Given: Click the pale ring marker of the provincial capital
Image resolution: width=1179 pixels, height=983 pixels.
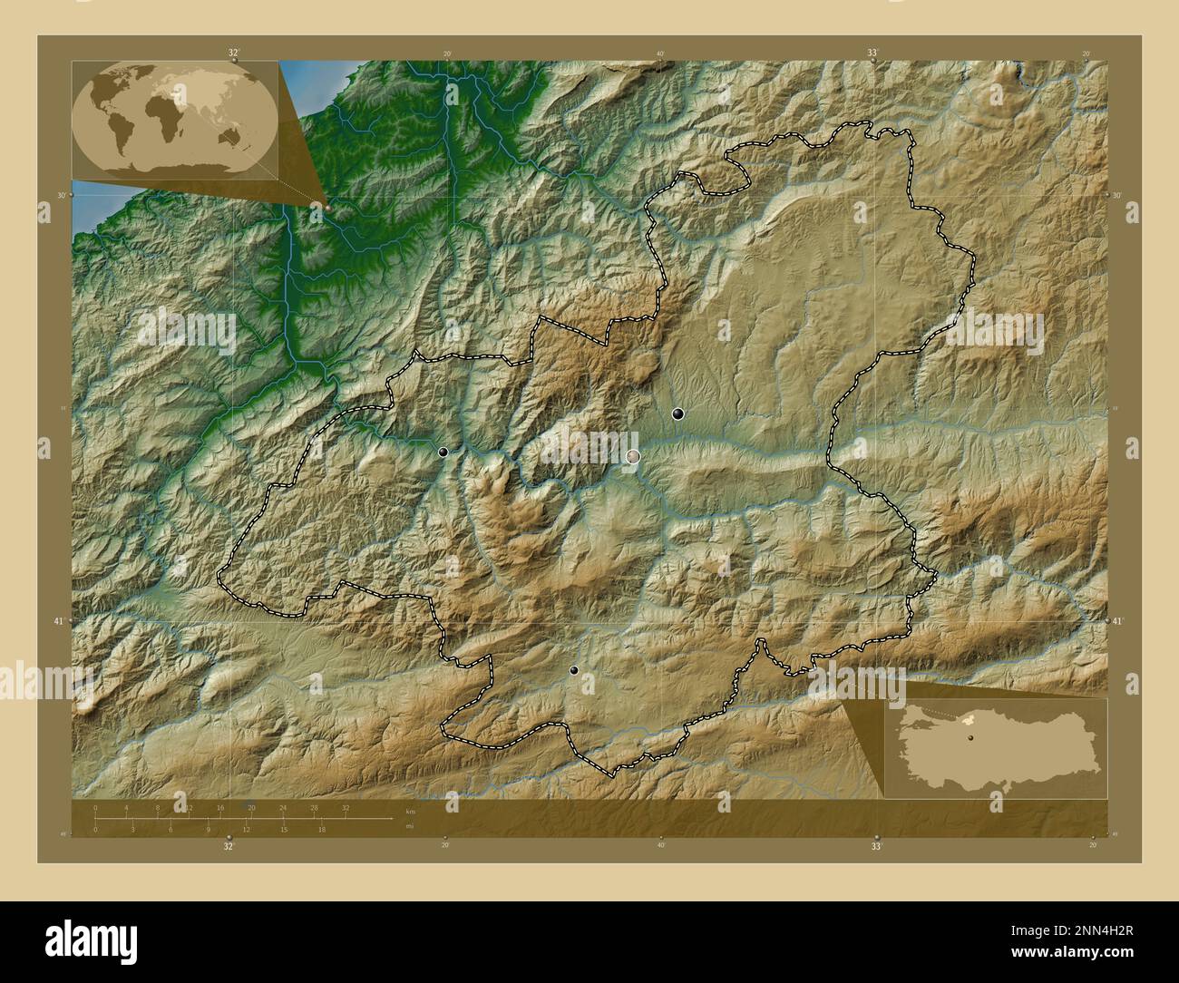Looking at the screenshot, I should tap(633, 457).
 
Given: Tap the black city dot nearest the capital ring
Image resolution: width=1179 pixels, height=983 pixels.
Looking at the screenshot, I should tap(677, 414).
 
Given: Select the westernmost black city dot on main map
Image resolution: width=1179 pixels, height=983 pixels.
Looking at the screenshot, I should tap(443, 452).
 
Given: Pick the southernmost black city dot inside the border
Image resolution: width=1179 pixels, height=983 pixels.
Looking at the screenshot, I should tap(574, 671).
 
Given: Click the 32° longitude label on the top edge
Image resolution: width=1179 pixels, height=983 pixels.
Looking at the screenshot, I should tap(233, 54).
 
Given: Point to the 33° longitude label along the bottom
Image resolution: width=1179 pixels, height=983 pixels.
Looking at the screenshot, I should tap(876, 847).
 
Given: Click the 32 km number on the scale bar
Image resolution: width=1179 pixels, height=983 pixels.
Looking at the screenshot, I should tap(346, 807).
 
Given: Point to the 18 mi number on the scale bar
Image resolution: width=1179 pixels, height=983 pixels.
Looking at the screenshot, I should tap(321, 829).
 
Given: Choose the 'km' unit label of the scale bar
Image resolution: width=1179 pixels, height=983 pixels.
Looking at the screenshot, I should tap(410, 811).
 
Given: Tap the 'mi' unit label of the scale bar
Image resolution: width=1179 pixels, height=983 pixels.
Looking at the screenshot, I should tap(410, 826).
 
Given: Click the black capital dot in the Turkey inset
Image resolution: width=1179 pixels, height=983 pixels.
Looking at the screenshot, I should tap(970, 738).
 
